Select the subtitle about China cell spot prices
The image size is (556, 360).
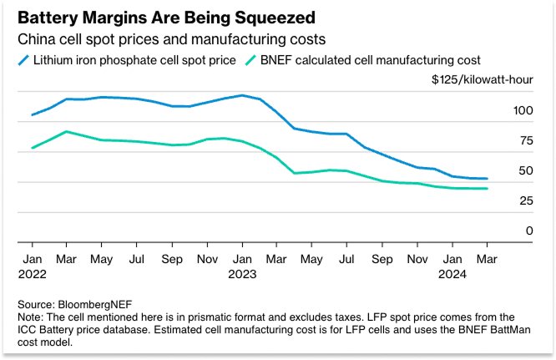point(172,39)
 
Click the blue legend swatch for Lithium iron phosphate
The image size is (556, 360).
point(23,59)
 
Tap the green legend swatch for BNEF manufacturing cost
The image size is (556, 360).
point(252,59)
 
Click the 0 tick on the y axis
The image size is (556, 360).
point(527,231)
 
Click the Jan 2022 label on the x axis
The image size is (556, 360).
point(32,265)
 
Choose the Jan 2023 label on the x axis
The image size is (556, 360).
point(242,265)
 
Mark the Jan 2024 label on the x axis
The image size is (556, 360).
point(452,265)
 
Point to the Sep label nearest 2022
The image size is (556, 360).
point(172,259)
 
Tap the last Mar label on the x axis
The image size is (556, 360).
point(488,259)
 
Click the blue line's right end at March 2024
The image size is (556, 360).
point(487,179)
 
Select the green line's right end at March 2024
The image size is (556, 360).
point(487,189)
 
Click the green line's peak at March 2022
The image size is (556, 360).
point(67,131)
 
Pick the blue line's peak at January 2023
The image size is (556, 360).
point(242,95)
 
